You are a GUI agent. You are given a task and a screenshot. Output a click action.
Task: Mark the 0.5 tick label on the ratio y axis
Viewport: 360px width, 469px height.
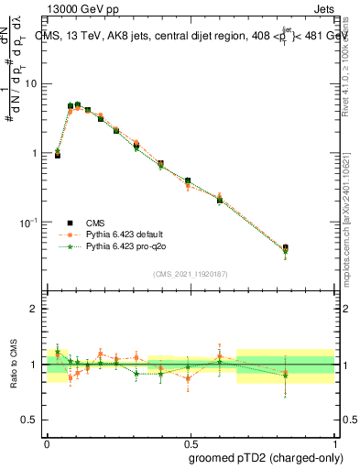pyautogui.click(x=32, y=420)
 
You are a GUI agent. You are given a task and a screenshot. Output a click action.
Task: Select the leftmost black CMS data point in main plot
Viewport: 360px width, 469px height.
pyautogui.click(x=58, y=156)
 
